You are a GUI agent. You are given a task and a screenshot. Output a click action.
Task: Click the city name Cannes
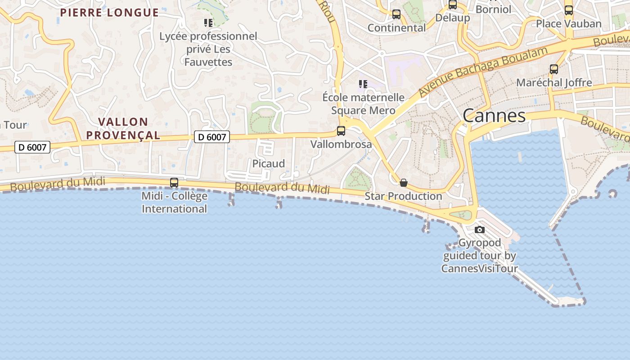[494, 116]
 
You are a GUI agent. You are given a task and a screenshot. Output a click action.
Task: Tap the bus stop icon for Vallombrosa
[341, 131]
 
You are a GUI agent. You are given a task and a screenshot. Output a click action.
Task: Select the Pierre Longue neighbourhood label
[109, 13]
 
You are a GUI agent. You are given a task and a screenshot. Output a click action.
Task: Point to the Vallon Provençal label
[123, 128]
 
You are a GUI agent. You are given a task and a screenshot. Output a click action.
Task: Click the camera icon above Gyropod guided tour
[480, 229]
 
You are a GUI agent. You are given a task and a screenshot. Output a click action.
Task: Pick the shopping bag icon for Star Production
[404, 183]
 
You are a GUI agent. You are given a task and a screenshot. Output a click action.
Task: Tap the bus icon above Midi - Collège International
[174, 183]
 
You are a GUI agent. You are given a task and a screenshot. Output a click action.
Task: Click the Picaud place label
[268, 164]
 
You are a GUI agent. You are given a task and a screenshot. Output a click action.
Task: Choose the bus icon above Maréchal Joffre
[554, 69]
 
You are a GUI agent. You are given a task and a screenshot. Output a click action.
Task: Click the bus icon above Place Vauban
[569, 10]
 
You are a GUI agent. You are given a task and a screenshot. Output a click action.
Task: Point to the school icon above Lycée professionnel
[208, 22]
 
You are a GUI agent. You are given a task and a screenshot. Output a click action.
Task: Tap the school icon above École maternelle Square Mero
[363, 84]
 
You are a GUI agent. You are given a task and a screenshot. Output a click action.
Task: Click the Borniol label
[493, 9]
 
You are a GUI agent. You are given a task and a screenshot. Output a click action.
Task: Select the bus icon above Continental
[396, 14]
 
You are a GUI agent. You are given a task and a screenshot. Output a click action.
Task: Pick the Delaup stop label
[452, 18]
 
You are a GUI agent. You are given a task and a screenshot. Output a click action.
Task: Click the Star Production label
[403, 196]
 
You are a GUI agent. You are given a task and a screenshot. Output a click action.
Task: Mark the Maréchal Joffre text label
[554, 83]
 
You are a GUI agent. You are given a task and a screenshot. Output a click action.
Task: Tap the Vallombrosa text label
[341, 144]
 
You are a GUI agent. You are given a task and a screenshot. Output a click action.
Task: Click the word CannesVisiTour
[479, 269]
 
